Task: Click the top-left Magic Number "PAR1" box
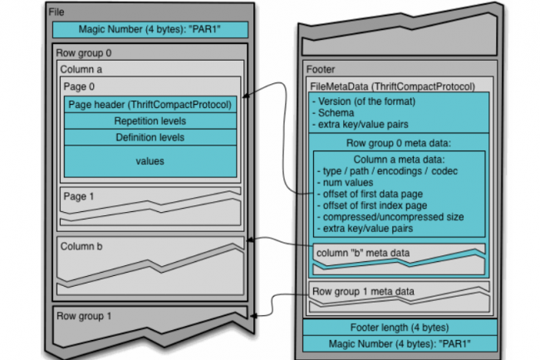(x=150, y=30)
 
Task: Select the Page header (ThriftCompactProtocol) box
(x=150, y=105)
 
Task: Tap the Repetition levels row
(x=150, y=121)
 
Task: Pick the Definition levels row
(x=150, y=136)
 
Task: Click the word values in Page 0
(x=150, y=161)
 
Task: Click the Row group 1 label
(x=84, y=316)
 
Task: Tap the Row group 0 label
(x=84, y=52)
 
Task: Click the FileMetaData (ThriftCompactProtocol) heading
(x=393, y=86)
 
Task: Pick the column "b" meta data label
(x=364, y=251)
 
